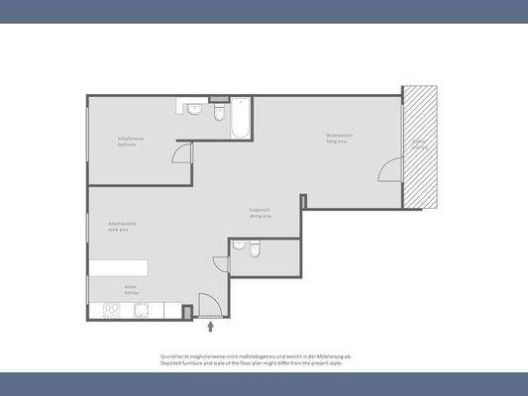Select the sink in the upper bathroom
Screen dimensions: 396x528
pos(195,107)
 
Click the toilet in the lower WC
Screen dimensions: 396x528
pos(255,250)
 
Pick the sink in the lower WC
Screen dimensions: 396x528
pos(239,247)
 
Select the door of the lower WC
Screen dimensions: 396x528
pos(221,265)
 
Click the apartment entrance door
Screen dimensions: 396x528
pos(208,306)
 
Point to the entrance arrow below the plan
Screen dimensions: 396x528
pos(210,324)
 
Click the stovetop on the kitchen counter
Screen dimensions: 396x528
pos(112,310)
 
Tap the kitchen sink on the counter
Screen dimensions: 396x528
pos(141,311)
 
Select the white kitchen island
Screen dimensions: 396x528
pos(119,268)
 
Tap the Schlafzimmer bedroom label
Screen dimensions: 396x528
pos(130,142)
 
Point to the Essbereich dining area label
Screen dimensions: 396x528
pos(261,213)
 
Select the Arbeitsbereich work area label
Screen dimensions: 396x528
pos(122,227)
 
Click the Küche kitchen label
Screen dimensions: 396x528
pos(131,291)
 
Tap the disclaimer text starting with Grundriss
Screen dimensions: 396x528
pos(256,359)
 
